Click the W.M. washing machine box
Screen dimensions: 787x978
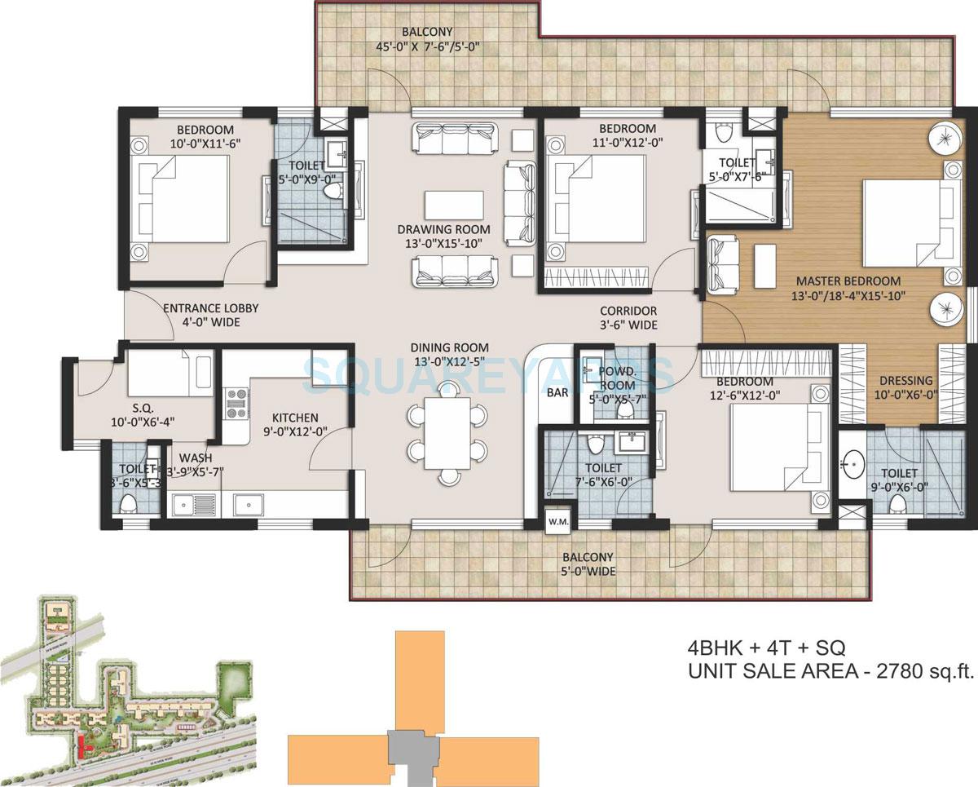click(558, 521)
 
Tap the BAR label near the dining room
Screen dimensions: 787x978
click(557, 392)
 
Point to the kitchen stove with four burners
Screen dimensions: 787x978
click(236, 403)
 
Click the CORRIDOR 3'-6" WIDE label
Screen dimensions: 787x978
click(628, 318)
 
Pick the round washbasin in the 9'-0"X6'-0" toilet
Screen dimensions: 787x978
click(854, 466)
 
